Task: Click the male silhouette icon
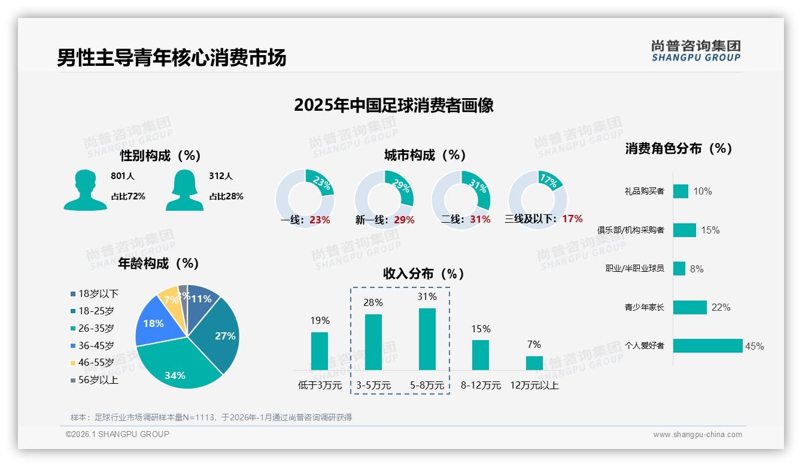pyautogui.click(x=85, y=190)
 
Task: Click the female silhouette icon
pyautogui.click(x=184, y=190)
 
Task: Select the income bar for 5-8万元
pyautogui.click(x=427, y=339)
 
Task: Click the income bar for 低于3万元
pyautogui.click(x=320, y=351)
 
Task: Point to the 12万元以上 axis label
pyautogui.click(x=534, y=386)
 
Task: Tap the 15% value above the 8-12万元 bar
pyautogui.click(x=481, y=329)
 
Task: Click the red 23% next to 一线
pyautogui.click(x=320, y=220)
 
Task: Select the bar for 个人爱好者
pyautogui.click(x=707, y=345)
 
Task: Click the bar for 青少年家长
pyautogui.click(x=689, y=307)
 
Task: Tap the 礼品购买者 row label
pyautogui.click(x=644, y=192)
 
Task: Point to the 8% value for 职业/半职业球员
pyautogui.click(x=697, y=269)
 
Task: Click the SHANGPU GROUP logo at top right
pyautogui.click(x=695, y=51)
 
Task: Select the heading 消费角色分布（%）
pyautogui.click(x=679, y=148)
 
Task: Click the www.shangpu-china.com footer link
pyautogui.click(x=697, y=435)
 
